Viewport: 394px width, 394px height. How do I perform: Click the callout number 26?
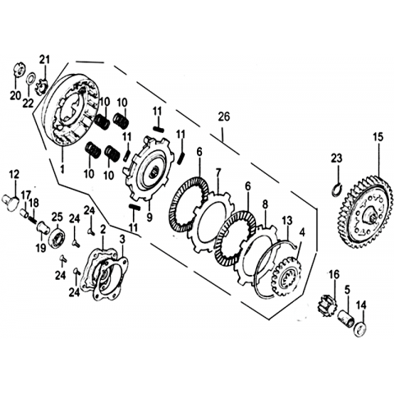(x=224, y=117)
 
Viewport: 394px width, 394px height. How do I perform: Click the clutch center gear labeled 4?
(x=286, y=276)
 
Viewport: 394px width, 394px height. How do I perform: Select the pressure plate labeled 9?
(x=149, y=167)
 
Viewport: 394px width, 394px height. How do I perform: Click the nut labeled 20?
(x=19, y=70)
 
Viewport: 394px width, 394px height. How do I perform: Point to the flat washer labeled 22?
(x=30, y=80)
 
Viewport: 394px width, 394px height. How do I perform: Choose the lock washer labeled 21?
(x=42, y=86)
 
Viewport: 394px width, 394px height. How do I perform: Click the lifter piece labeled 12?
(x=11, y=202)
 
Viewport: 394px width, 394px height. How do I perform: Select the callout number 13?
(x=287, y=220)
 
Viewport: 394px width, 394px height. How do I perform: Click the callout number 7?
(x=218, y=172)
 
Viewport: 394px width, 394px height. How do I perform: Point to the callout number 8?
(x=265, y=204)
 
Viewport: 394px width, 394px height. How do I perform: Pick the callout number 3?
(x=122, y=240)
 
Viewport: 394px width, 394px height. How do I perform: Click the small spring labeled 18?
(x=32, y=218)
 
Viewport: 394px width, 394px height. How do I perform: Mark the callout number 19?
(x=41, y=248)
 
